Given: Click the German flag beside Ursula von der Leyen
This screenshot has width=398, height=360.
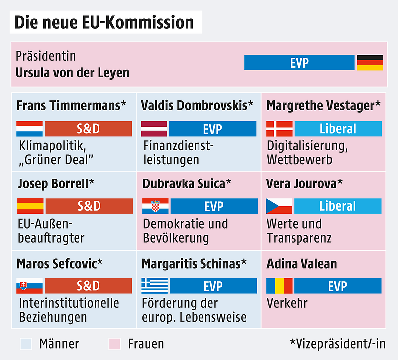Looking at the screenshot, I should tap(370, 62).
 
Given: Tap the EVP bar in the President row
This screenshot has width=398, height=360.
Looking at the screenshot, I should tap(299, 62).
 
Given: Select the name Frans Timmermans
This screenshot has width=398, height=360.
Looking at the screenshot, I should tap(68, 105).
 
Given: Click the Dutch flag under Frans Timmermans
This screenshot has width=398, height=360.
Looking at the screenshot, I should tap(29, 129).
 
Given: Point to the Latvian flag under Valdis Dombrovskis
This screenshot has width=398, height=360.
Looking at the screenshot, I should tap(154, 129).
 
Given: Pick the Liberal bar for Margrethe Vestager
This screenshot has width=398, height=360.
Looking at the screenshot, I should tap(338, 129).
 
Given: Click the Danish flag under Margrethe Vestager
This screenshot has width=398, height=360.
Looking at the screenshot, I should tap(279, 129).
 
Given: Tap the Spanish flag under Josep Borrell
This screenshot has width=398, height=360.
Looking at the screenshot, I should tap(30, 206).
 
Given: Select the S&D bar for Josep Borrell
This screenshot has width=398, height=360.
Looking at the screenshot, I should tap(89, 206).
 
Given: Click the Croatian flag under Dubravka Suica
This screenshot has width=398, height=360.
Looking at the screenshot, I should tap(155, 206).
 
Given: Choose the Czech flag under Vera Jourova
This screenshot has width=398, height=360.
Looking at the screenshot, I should tap(279, 206).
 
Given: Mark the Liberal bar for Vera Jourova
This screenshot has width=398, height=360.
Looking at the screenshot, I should tap(338, 206).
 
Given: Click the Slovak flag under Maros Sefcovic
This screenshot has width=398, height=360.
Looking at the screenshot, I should tap(29, 286).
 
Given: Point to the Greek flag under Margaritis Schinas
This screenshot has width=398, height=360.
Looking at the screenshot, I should tap(154, 286).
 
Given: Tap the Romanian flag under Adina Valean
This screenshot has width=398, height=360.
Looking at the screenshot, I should tap(279, 286).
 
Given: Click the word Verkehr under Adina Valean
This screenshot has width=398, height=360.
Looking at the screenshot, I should tap(287, 303).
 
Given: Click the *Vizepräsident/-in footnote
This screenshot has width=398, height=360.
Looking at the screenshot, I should tap(337, 343).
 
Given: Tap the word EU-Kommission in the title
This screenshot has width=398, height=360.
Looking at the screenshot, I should tap(143, 22).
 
